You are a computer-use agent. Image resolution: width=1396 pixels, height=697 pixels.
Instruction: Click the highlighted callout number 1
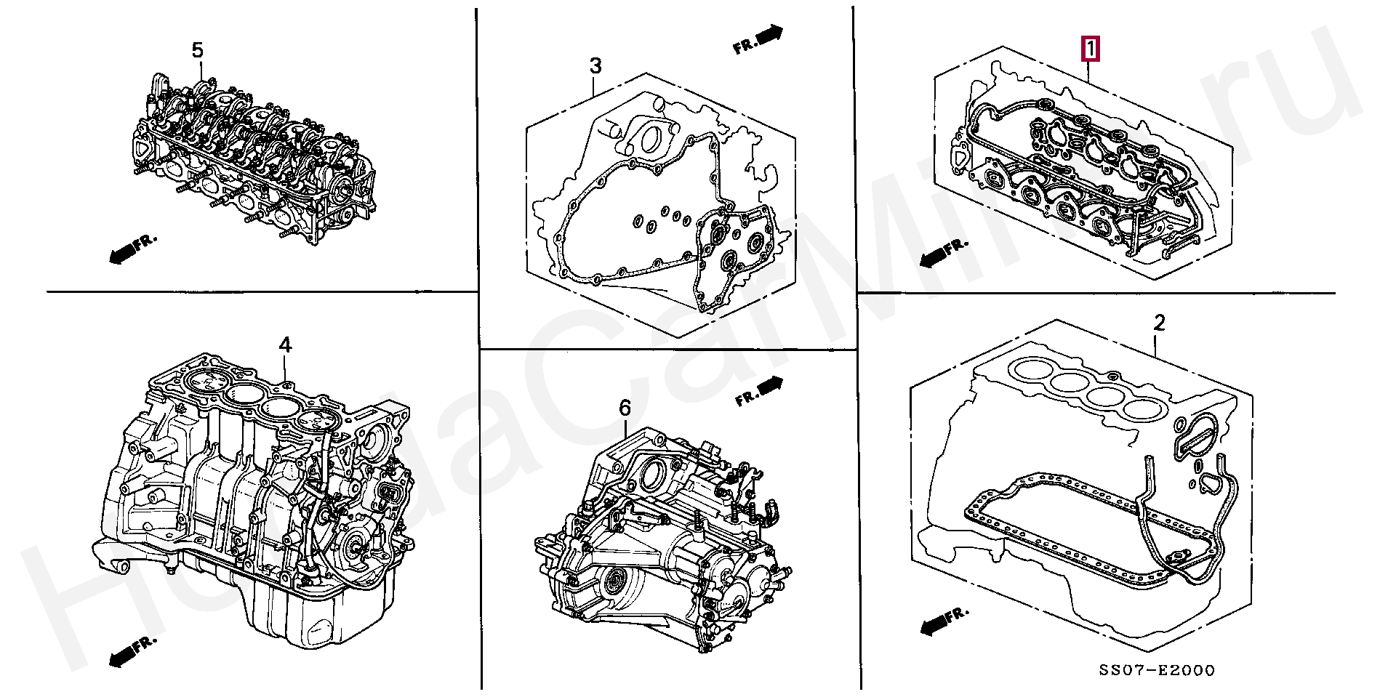click(x=1090, y=49)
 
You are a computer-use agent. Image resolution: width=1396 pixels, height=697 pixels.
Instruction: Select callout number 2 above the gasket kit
click(x=1159, y=323)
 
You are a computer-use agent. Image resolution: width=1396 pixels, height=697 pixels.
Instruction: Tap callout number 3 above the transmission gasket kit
click(x=595, y=66)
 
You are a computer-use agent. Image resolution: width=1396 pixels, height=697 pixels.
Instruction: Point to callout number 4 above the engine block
click(x=285, y=345)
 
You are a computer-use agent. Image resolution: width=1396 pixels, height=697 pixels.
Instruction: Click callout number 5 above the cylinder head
click(x=198, y=50)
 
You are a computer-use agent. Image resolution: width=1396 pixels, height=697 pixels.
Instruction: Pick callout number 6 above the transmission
click(x=625, y=408)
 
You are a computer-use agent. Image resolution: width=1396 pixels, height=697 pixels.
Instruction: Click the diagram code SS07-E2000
click(x=1156, y=671)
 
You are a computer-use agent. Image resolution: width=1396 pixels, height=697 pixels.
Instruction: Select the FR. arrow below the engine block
click(x=132, y=651)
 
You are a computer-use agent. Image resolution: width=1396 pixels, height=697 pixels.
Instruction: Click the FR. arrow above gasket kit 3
click(x=758, y=40)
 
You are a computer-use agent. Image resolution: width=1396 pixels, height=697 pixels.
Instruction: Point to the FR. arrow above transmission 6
click(x=759, y=391)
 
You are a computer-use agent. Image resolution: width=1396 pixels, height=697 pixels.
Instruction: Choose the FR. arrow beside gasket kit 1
click(x=944, y=252)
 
